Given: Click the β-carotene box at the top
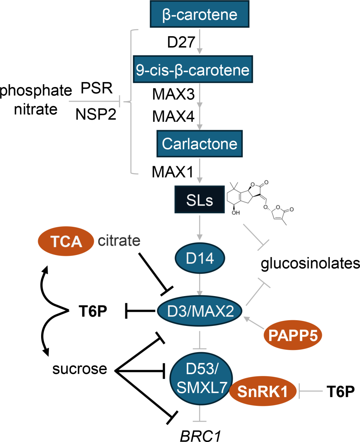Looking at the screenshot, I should [x=199, y=15].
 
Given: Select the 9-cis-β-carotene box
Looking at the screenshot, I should [x=193, y=70].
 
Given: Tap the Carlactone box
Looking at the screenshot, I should [x=199, y=144].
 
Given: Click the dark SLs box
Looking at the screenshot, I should [x=199, y=200].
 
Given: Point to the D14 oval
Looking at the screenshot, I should [x=200, y=258].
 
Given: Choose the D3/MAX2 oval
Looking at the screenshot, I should [x=200, y=311].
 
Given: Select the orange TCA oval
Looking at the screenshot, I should [x=66, y=242].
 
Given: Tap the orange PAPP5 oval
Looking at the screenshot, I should [x=293, y=335].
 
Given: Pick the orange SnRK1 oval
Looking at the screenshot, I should [x=262, y=391].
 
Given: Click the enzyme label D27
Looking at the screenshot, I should [x=181, y=42].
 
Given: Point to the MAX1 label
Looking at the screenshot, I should [x=172, y=172].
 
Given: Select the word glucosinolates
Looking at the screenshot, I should [x=310, y=263].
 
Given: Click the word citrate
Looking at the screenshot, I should [x=119, y=241].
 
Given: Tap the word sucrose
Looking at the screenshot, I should [x=79, y=369].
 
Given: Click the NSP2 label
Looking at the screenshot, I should [x=96, y=114].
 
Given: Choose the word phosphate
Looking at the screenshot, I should [x=36, y=91].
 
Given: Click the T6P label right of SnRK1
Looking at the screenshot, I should [x=340, y=391].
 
